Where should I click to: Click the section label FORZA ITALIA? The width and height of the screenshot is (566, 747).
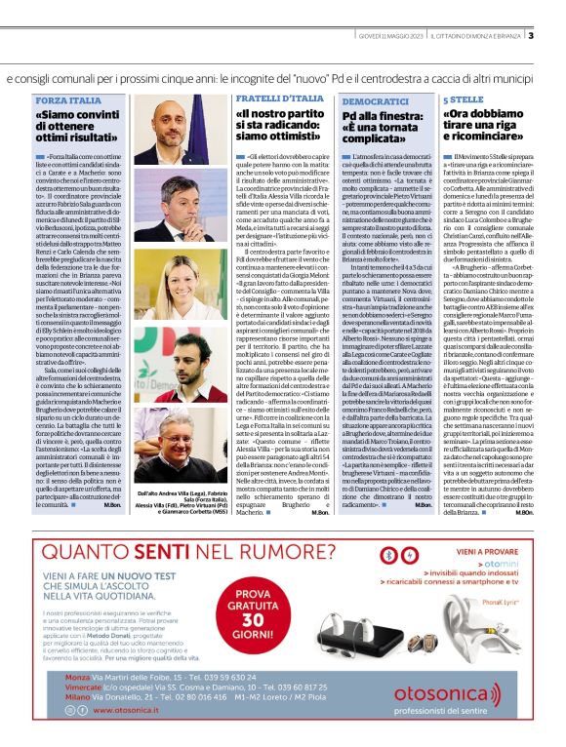pyautogui.click(x=63, y=100)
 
